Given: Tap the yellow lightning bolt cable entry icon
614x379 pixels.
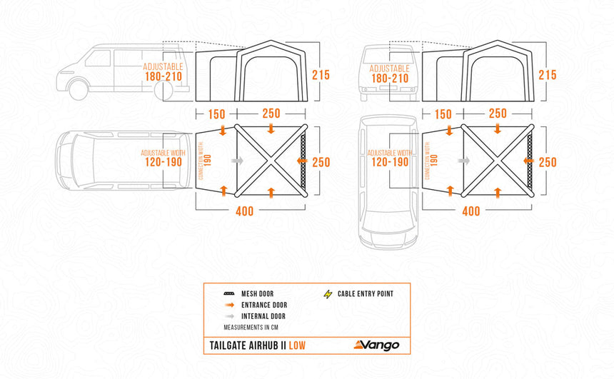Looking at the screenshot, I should point(328,293).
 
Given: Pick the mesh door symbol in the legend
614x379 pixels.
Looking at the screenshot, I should point(229,293).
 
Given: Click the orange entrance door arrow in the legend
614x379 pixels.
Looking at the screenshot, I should point(229,305).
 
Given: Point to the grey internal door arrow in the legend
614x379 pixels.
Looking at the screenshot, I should point(229,316).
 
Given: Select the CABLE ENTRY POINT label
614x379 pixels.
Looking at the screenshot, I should point(366,293).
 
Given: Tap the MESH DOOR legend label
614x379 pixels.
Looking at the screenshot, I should point(258,293).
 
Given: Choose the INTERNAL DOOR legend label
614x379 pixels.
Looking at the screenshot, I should point(263,316).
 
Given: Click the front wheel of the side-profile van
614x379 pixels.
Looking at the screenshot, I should point(79,89).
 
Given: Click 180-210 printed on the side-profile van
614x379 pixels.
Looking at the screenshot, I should point(162,76).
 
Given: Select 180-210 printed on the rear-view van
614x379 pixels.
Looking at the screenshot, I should point(390,78).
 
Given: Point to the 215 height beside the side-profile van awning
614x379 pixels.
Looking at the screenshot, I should point(321,74).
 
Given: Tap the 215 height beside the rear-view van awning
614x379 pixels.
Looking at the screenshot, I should point(547,74).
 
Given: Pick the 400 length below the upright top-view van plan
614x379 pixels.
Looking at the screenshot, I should point(470,211).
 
